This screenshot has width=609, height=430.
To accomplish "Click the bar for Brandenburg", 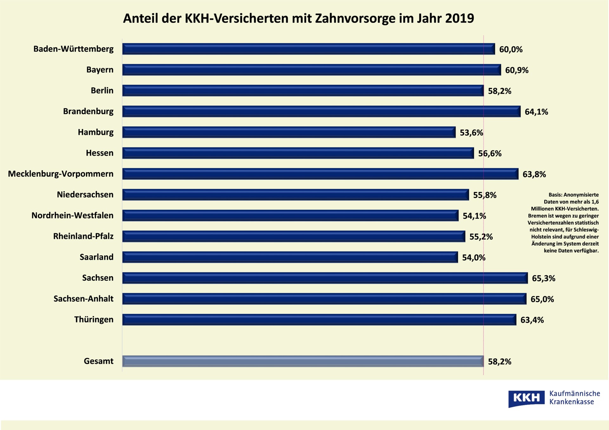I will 321,112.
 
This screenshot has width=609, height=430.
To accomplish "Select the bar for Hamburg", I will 289,132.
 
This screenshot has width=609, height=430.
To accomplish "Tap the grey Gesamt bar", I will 303,361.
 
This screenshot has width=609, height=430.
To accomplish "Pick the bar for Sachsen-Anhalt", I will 324,299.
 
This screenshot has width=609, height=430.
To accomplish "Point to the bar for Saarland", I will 290,257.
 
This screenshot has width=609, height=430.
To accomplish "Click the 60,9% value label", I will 517,70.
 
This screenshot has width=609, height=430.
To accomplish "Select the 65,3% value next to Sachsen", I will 543,279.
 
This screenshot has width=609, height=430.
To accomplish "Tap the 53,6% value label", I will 471,133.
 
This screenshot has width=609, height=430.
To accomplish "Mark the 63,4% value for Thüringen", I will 532,320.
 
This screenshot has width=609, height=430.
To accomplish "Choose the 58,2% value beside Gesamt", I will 500,362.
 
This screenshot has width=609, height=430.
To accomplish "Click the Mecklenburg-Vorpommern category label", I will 61,174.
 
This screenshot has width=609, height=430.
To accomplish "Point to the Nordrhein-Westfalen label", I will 72,215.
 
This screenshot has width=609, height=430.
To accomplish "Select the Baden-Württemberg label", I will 73,49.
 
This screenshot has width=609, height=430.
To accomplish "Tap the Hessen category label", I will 100,153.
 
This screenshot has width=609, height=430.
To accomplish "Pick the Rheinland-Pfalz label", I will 83,236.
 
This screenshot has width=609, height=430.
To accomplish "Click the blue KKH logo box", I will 526,398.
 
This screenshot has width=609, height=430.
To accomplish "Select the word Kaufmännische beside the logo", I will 574,394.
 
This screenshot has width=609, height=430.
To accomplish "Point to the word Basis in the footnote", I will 555,195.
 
